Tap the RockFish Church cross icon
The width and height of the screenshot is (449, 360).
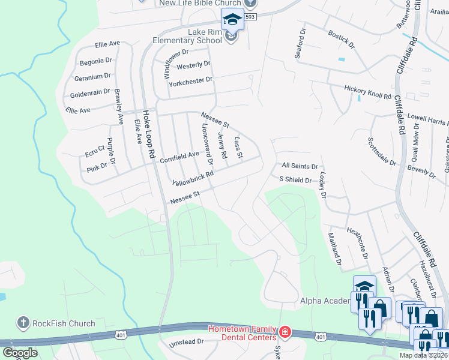pos(23,323)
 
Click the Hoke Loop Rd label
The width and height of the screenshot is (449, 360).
pos(148,136)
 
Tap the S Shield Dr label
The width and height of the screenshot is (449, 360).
pos(295,180)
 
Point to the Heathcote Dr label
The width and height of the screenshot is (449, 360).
pos(357,242)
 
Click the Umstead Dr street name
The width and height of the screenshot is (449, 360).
pos(187,341)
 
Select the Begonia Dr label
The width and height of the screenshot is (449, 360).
pos(96,61)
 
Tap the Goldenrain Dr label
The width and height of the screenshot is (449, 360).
pos(90,92)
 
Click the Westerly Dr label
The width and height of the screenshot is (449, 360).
pos(193,64)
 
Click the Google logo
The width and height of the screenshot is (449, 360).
pos(20,352)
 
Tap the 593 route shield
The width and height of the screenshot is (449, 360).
pos(250,17)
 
